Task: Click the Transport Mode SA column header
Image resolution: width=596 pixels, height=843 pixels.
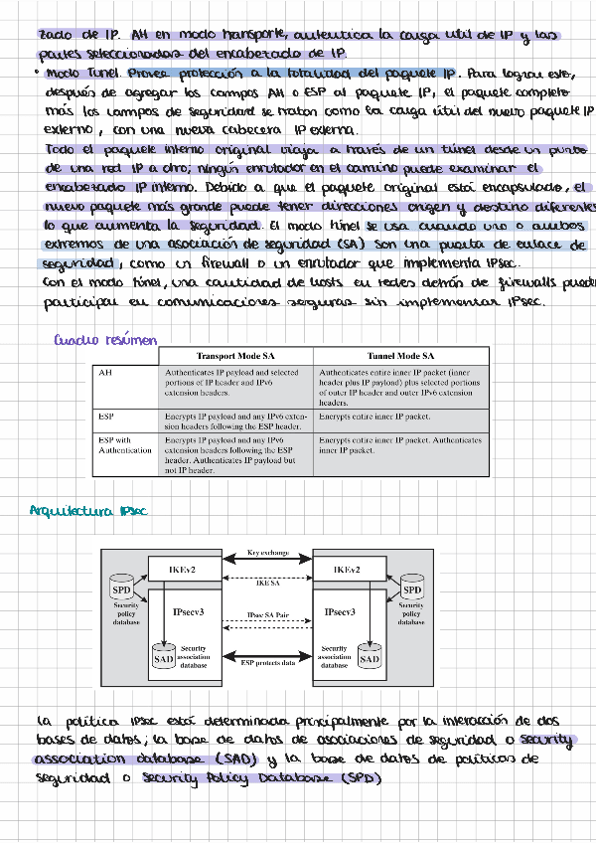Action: tap(236, 356)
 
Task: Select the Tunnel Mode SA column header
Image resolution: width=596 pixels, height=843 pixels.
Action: tap(399, 356)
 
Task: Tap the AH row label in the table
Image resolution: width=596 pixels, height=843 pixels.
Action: tap(105, 372)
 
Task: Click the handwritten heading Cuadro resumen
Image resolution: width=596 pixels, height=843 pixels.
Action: tap(105, 341)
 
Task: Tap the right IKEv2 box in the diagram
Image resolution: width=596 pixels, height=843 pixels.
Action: tap(341, 569)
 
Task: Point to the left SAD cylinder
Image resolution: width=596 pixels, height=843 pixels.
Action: tap(165, 657)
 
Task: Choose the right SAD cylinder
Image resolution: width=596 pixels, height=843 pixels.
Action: tap(369, 657)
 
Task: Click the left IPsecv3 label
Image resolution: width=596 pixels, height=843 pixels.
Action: tap(189, 612)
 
